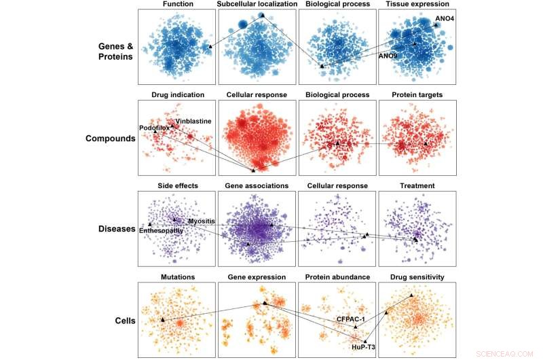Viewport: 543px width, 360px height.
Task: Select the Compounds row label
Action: point(109,139)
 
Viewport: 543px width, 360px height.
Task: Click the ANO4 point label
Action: point(445,18)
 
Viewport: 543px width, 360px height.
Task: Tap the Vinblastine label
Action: point(193,121)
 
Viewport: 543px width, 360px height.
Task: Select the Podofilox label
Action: point(154,127)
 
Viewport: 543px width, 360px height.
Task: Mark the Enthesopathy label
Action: point(162,231)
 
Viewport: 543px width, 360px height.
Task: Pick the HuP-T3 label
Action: point(364,347)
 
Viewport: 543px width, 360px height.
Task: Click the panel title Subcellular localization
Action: point(257,5)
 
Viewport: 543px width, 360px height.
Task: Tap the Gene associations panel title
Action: point(257,185)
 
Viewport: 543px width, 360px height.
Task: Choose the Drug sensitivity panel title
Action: point(417,276)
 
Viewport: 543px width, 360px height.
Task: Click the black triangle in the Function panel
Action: point(210,47)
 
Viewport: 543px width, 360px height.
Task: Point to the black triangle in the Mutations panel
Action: point(162,319)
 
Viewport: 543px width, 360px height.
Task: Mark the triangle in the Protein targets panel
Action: point(426,144)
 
